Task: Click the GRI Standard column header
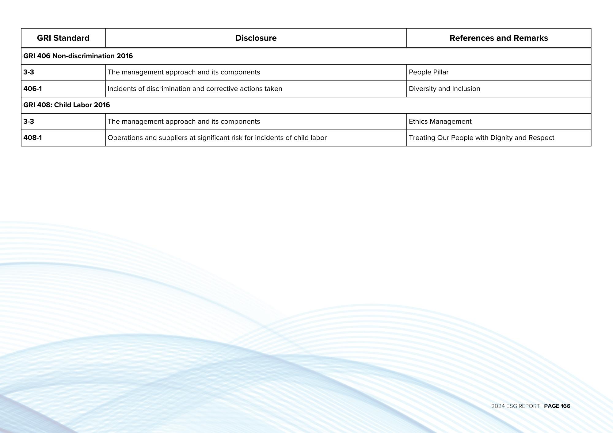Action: pos(63,38)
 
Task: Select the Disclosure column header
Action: pos(256,38)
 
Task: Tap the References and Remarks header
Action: pos(498,38)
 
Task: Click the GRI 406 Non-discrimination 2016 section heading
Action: pos(78,56)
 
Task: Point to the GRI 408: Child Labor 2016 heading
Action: pos(67,105)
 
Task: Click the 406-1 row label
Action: pos(32,89)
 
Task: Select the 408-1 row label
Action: pos(32,138)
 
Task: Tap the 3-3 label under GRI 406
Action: pos(29,72)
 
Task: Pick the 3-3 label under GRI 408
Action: pos(29,122)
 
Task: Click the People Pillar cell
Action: pos(428,72)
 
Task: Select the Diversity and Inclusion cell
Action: pos(444,89)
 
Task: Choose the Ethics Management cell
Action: pos(440,122)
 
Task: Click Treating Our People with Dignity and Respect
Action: pos(481,138)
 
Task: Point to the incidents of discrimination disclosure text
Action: pos(195,89)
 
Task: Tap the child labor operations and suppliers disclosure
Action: pos(217,138)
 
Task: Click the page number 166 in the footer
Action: pos(565,406)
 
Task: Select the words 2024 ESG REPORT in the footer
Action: pos(515,406)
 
